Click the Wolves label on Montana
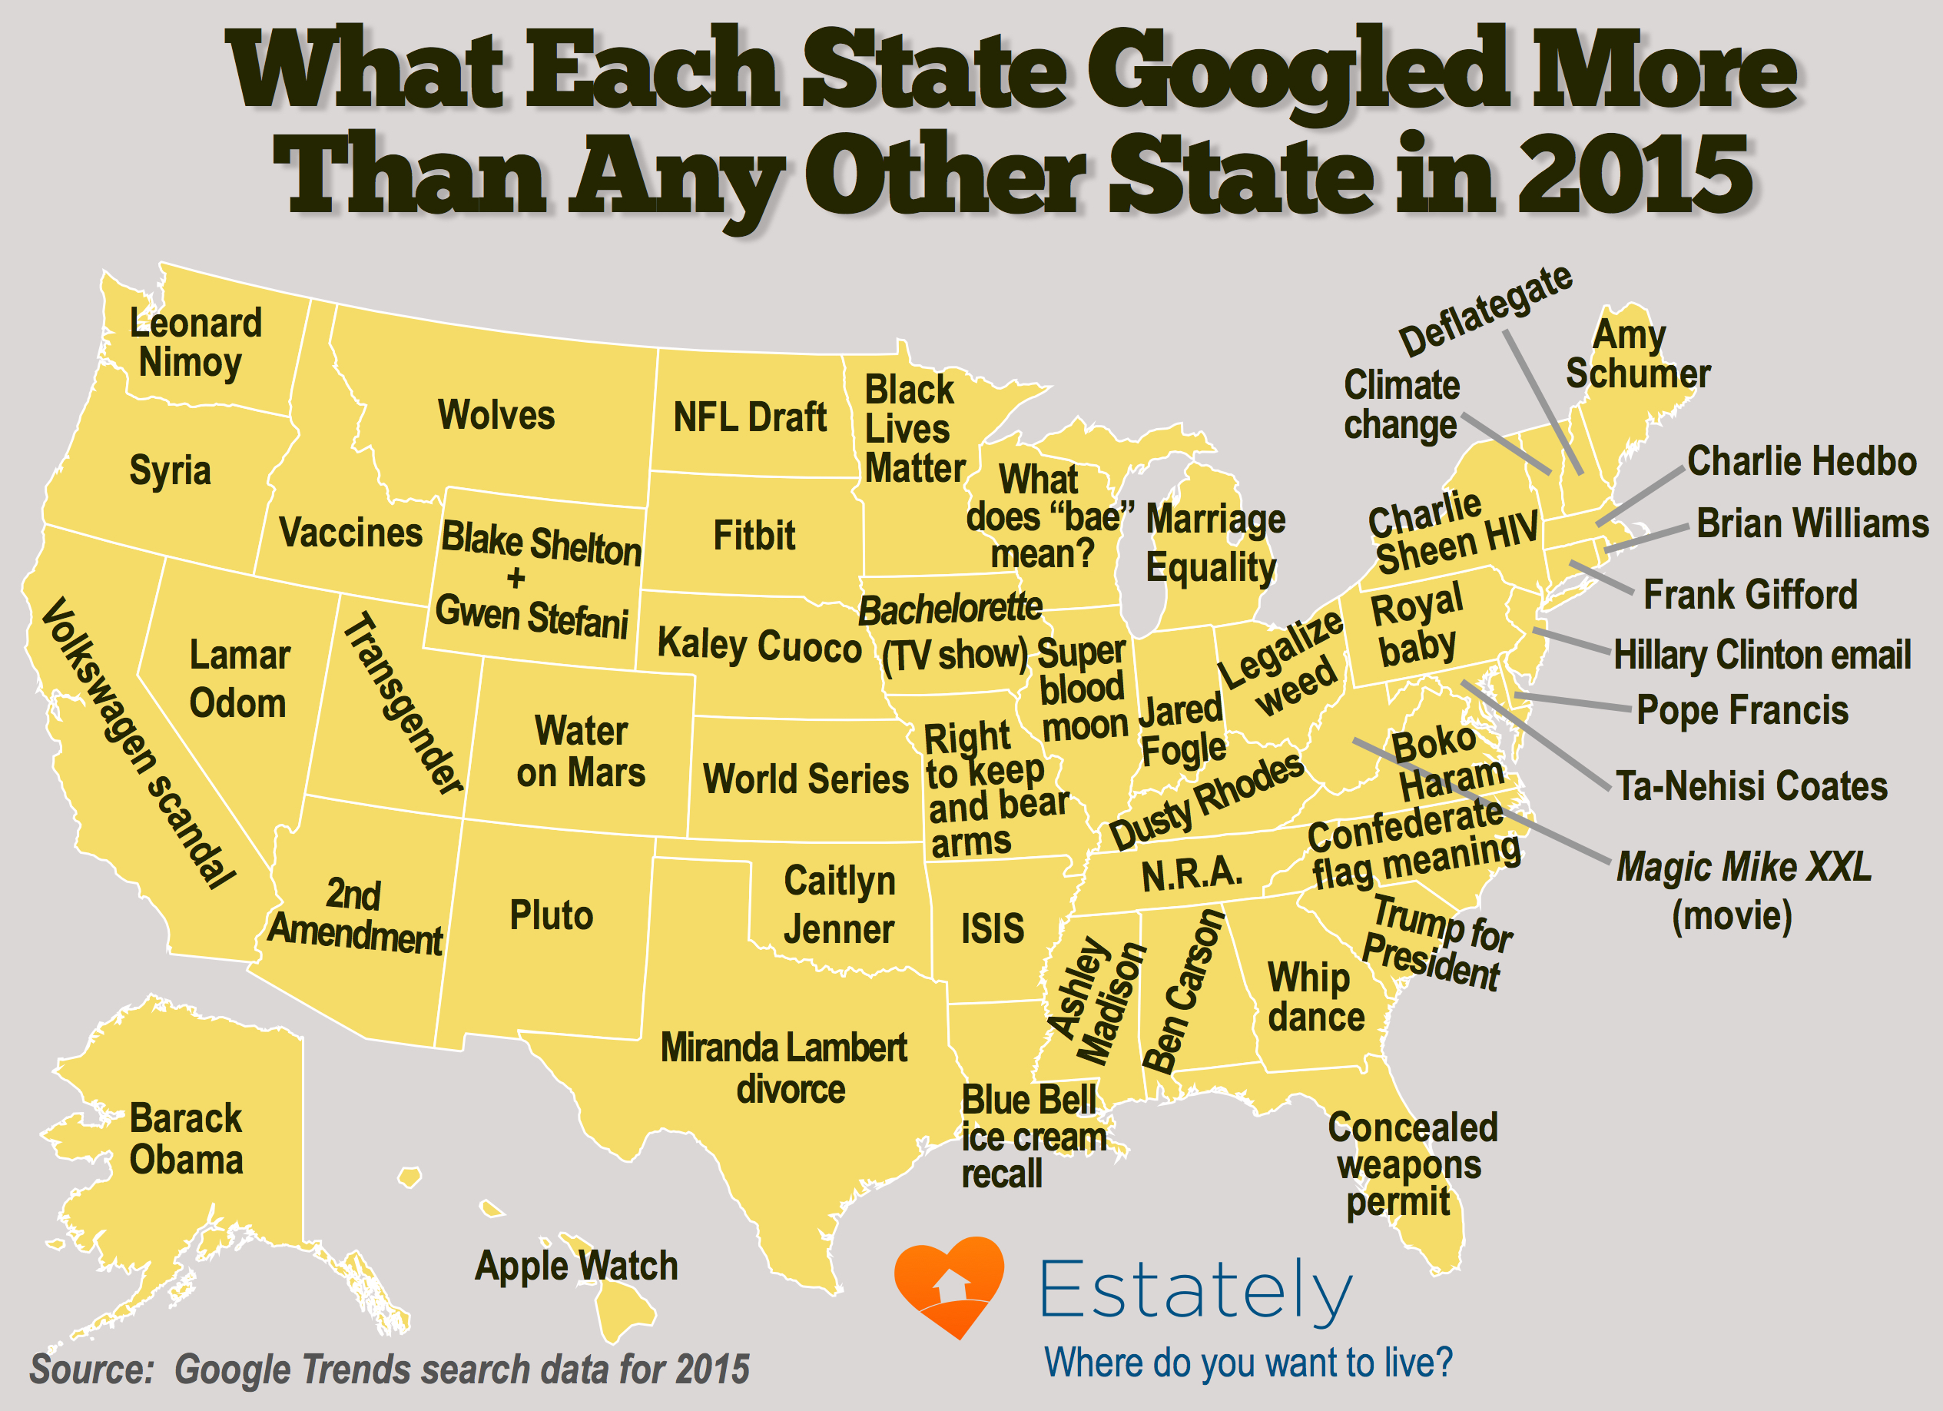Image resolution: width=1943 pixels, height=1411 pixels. click(496, 416)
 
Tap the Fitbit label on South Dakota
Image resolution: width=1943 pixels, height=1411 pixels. click(754, 536)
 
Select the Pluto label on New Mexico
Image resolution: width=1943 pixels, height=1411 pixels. click(551, 915)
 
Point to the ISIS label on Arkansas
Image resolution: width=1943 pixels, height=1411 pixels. click(992, 928)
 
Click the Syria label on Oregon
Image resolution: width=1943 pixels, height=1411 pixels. click(170, 470)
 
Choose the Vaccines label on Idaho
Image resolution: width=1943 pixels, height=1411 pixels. click(350, 533)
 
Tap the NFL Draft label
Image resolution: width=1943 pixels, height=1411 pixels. click(750, 418)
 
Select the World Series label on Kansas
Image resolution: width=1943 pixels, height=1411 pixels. click(805, 779)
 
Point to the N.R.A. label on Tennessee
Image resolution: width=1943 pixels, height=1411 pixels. click(1191, 873)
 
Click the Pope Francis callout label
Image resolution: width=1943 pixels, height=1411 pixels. click(1742, 710)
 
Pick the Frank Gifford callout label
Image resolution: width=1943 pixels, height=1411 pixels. click(1750, 595)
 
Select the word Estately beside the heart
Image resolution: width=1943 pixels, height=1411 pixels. click(1195, 1291)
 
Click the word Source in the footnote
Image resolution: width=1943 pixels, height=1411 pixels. click(91, 1369)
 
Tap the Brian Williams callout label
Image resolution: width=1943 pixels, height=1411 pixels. click(1812, 523)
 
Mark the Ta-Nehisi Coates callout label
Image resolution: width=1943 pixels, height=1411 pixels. click(1751, 786)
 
